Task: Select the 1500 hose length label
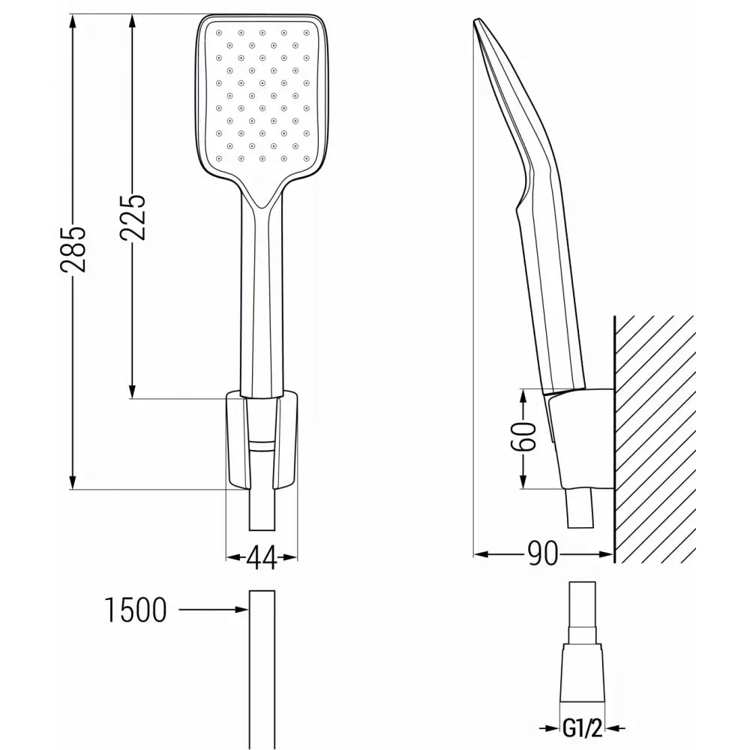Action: pyautogui.click(x=135, y=610)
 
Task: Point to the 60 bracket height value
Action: pyautogui.click(x=526, y=436)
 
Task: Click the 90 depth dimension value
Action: pyautogui.click(x=543, y=554)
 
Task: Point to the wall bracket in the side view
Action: pyautogui.click(x=581, y=439)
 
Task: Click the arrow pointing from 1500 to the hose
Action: pyautogui.click(x=214, y=610)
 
